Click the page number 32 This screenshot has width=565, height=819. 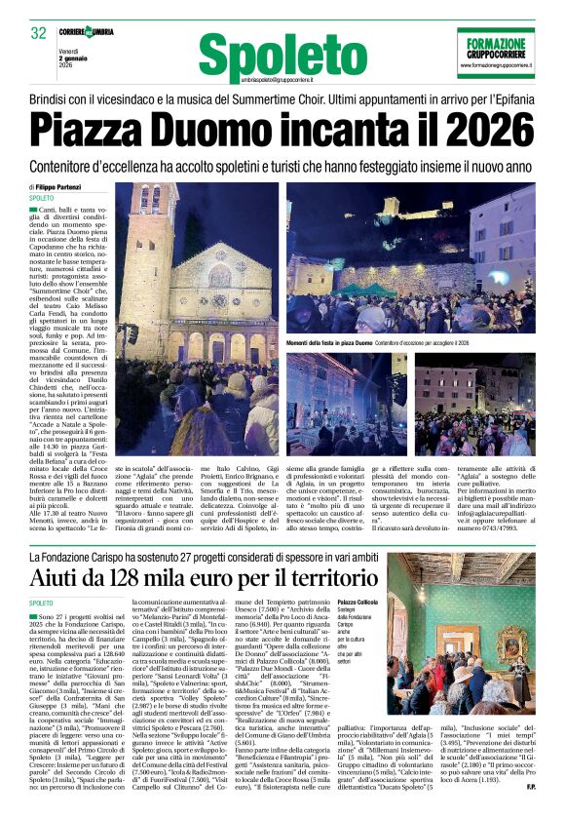point(38,33)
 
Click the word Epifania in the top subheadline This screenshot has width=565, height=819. point(506,100)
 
